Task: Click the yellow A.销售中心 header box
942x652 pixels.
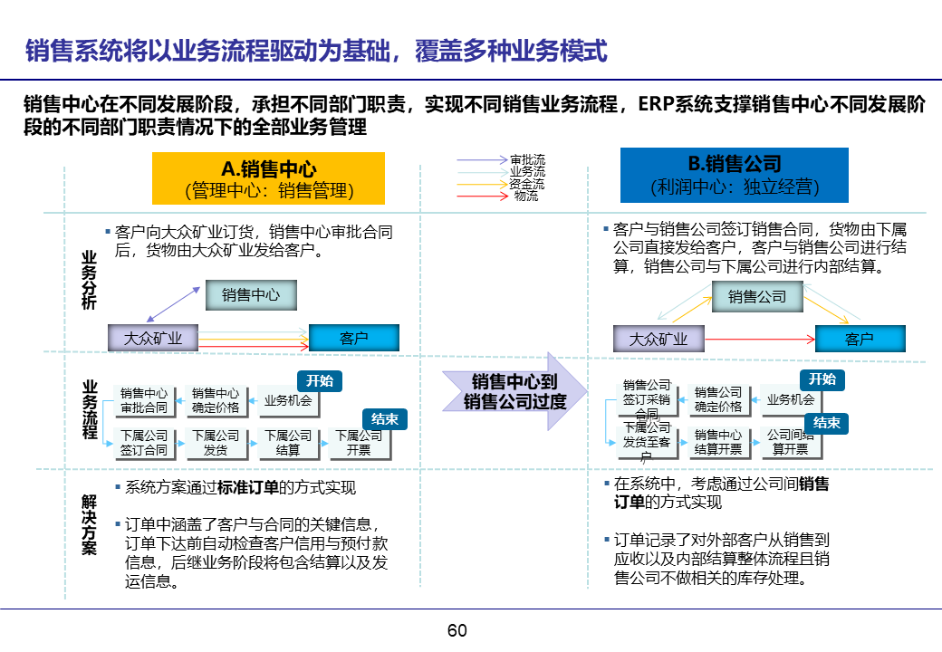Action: point(268,178)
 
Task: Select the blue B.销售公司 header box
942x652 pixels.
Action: point(734,176)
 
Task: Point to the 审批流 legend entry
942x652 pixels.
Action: point(527,159)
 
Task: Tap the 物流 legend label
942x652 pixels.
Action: point(525,196)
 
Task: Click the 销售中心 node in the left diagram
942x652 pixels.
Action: point(251,295)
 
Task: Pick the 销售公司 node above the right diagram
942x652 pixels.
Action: point(757,297)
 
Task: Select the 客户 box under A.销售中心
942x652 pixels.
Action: point(354,339)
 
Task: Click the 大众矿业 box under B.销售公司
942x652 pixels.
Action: point(658,340)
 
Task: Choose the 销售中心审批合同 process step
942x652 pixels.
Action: point(144,400)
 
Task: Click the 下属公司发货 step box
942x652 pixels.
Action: point(216,443)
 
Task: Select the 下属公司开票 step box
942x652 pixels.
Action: point(359,443)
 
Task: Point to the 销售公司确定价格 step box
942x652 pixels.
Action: point(718,399)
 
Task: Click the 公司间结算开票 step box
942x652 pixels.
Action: point(790,442)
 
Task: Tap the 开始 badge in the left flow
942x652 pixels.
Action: point(320,381)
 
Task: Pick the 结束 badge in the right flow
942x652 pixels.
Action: point(825,423)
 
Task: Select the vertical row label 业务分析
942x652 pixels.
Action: point(89,280)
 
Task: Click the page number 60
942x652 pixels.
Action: point(457,631)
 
